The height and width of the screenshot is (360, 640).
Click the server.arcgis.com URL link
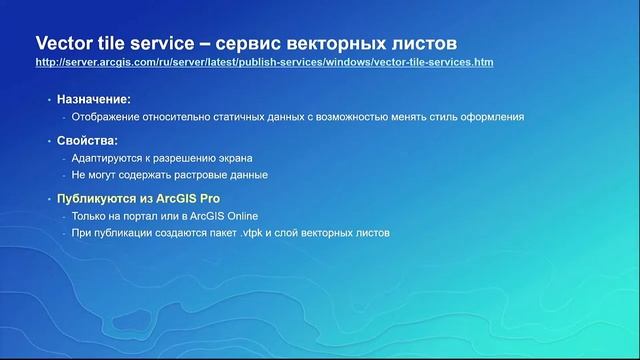264,62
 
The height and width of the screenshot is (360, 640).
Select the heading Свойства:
88,141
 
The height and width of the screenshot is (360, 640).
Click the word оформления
491,117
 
